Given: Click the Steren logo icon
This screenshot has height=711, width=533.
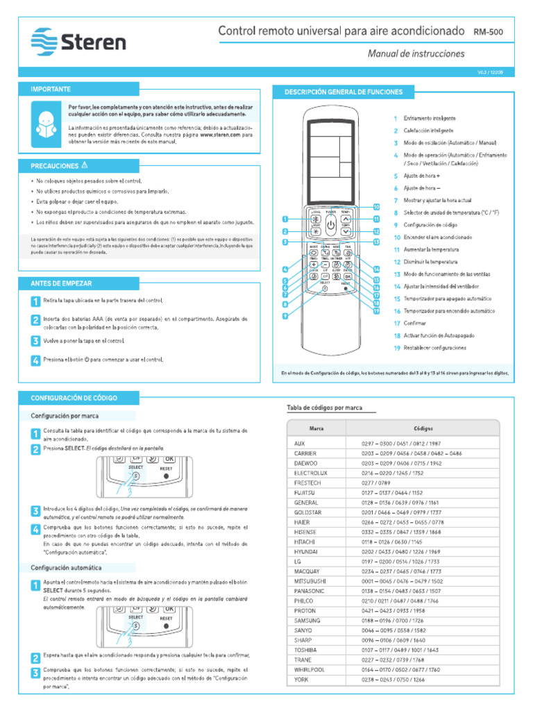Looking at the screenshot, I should [45, 42].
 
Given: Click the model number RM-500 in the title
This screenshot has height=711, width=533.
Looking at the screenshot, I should [489, 33].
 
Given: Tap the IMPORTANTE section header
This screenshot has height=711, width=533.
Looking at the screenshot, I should [50, 90].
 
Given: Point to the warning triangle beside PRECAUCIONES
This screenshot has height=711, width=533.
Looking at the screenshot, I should [84, 165].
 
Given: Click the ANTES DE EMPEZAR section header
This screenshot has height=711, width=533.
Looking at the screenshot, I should [61, 283].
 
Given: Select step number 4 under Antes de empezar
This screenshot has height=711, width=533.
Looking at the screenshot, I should [35, 360].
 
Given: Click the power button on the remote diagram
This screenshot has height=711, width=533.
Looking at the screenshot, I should [330, 225].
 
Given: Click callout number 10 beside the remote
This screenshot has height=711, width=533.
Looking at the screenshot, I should [376, 207].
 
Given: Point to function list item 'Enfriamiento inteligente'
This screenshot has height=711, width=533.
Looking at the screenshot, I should [429, 119].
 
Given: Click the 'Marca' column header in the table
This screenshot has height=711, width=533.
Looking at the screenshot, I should [316, 428].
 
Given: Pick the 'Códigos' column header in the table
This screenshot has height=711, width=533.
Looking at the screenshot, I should [423, 428].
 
